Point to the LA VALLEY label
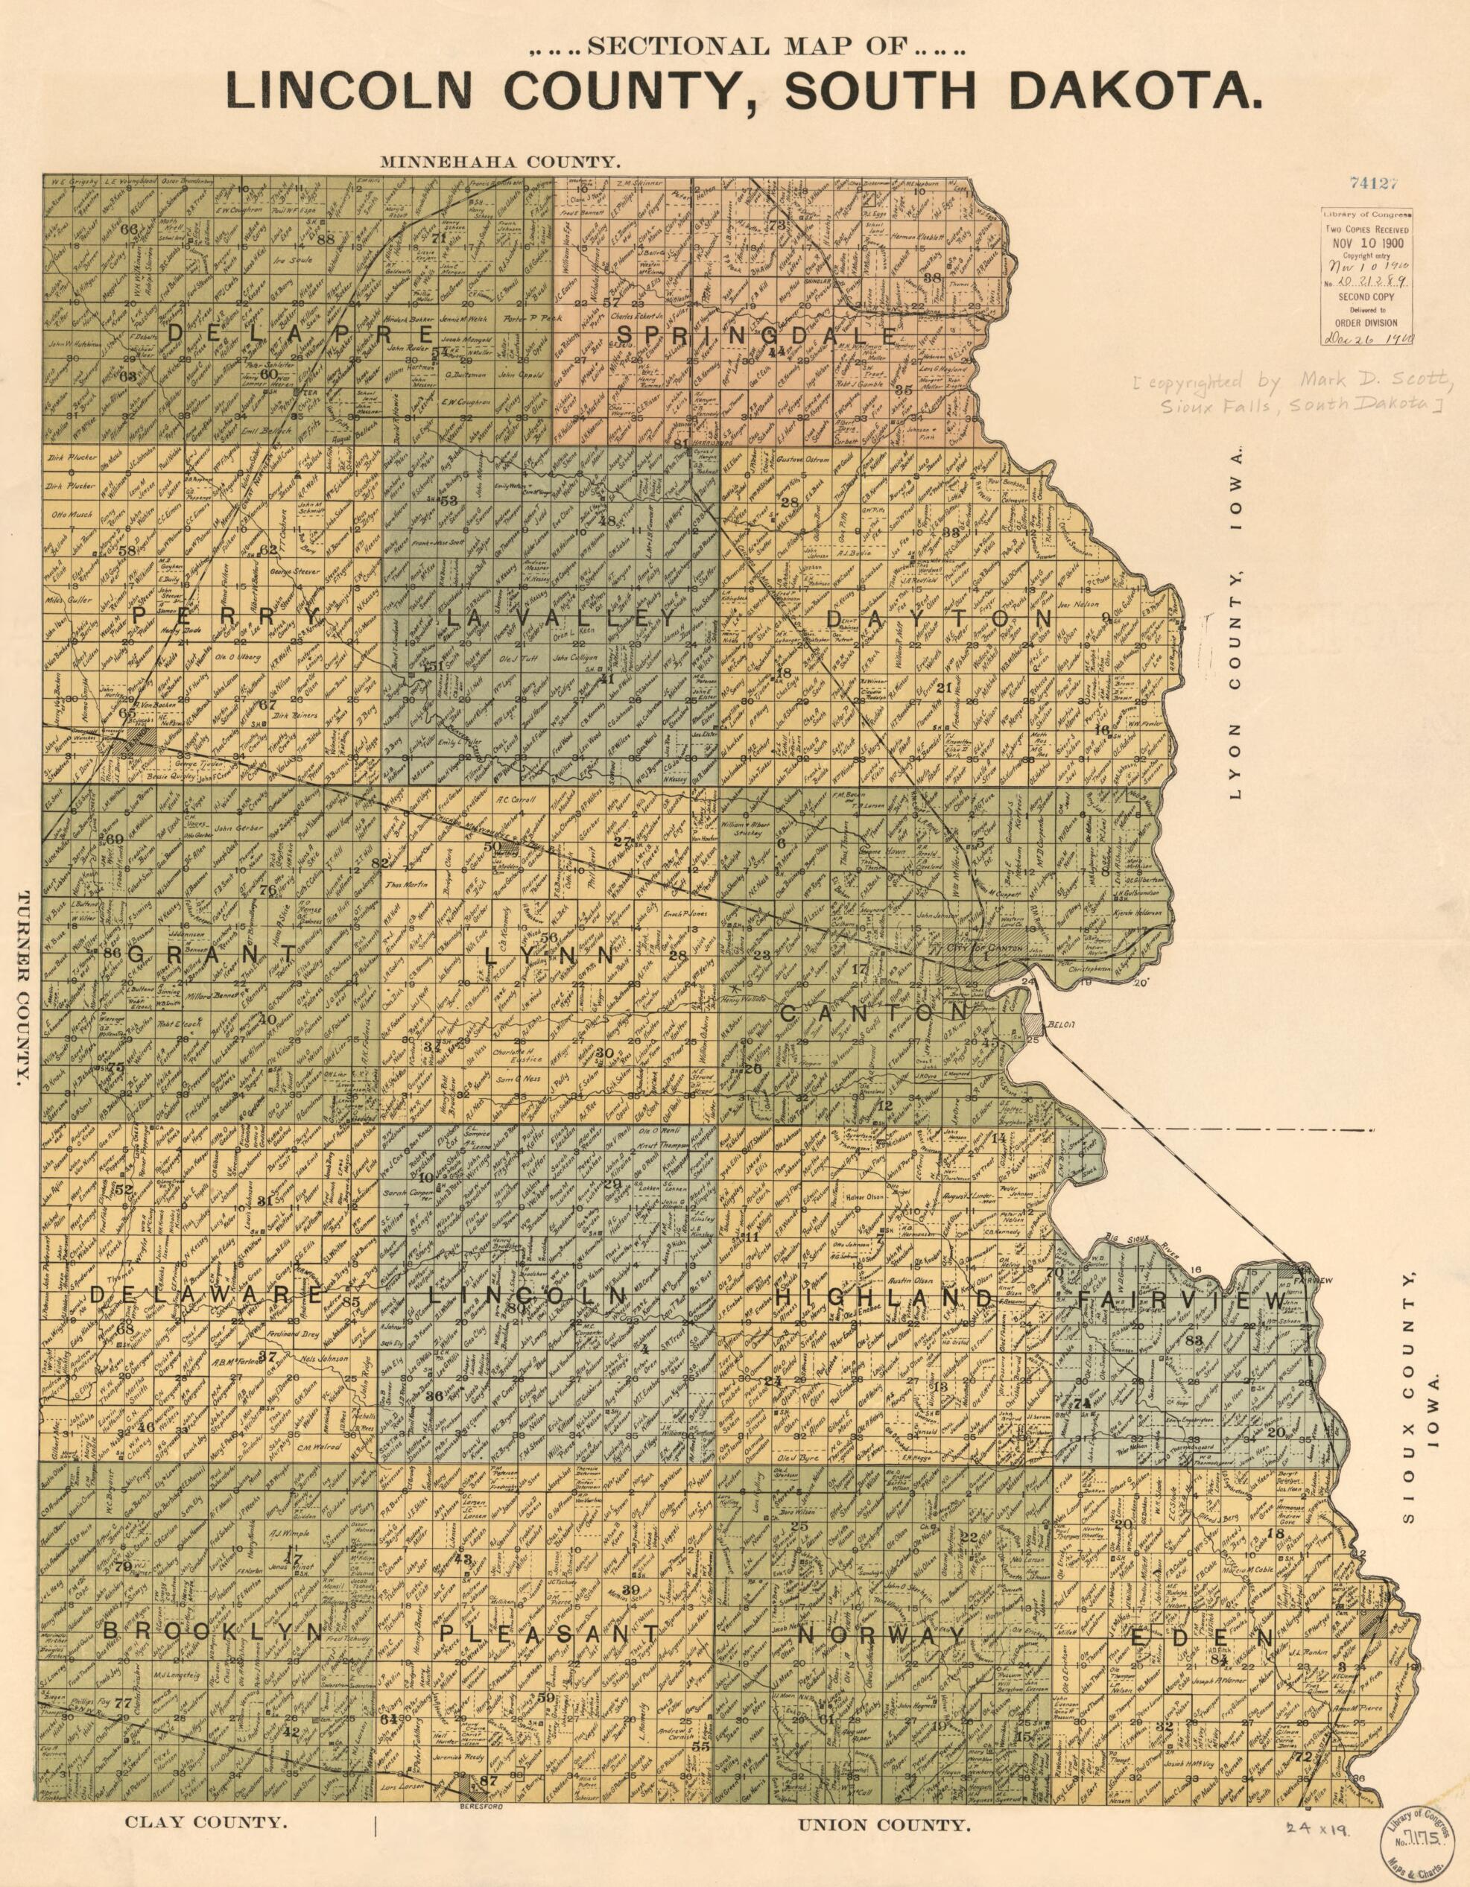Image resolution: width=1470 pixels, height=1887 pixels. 561,618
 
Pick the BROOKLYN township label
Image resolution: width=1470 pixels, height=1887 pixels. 213,1633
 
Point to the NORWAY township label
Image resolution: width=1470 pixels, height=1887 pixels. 882,1635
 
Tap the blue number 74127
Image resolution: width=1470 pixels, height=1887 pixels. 1372,183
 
